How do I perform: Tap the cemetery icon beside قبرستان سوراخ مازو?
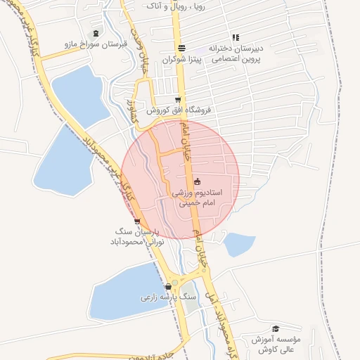coord(96,33)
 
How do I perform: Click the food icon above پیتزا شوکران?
coord(182,49)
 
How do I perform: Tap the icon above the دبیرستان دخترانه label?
coord(236,37)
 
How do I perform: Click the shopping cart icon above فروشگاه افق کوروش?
coord(179,99)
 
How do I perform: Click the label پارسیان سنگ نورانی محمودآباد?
coord(136,236)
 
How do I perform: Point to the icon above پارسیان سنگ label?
coord(136,221)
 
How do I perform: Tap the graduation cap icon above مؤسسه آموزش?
coord(275,328)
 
